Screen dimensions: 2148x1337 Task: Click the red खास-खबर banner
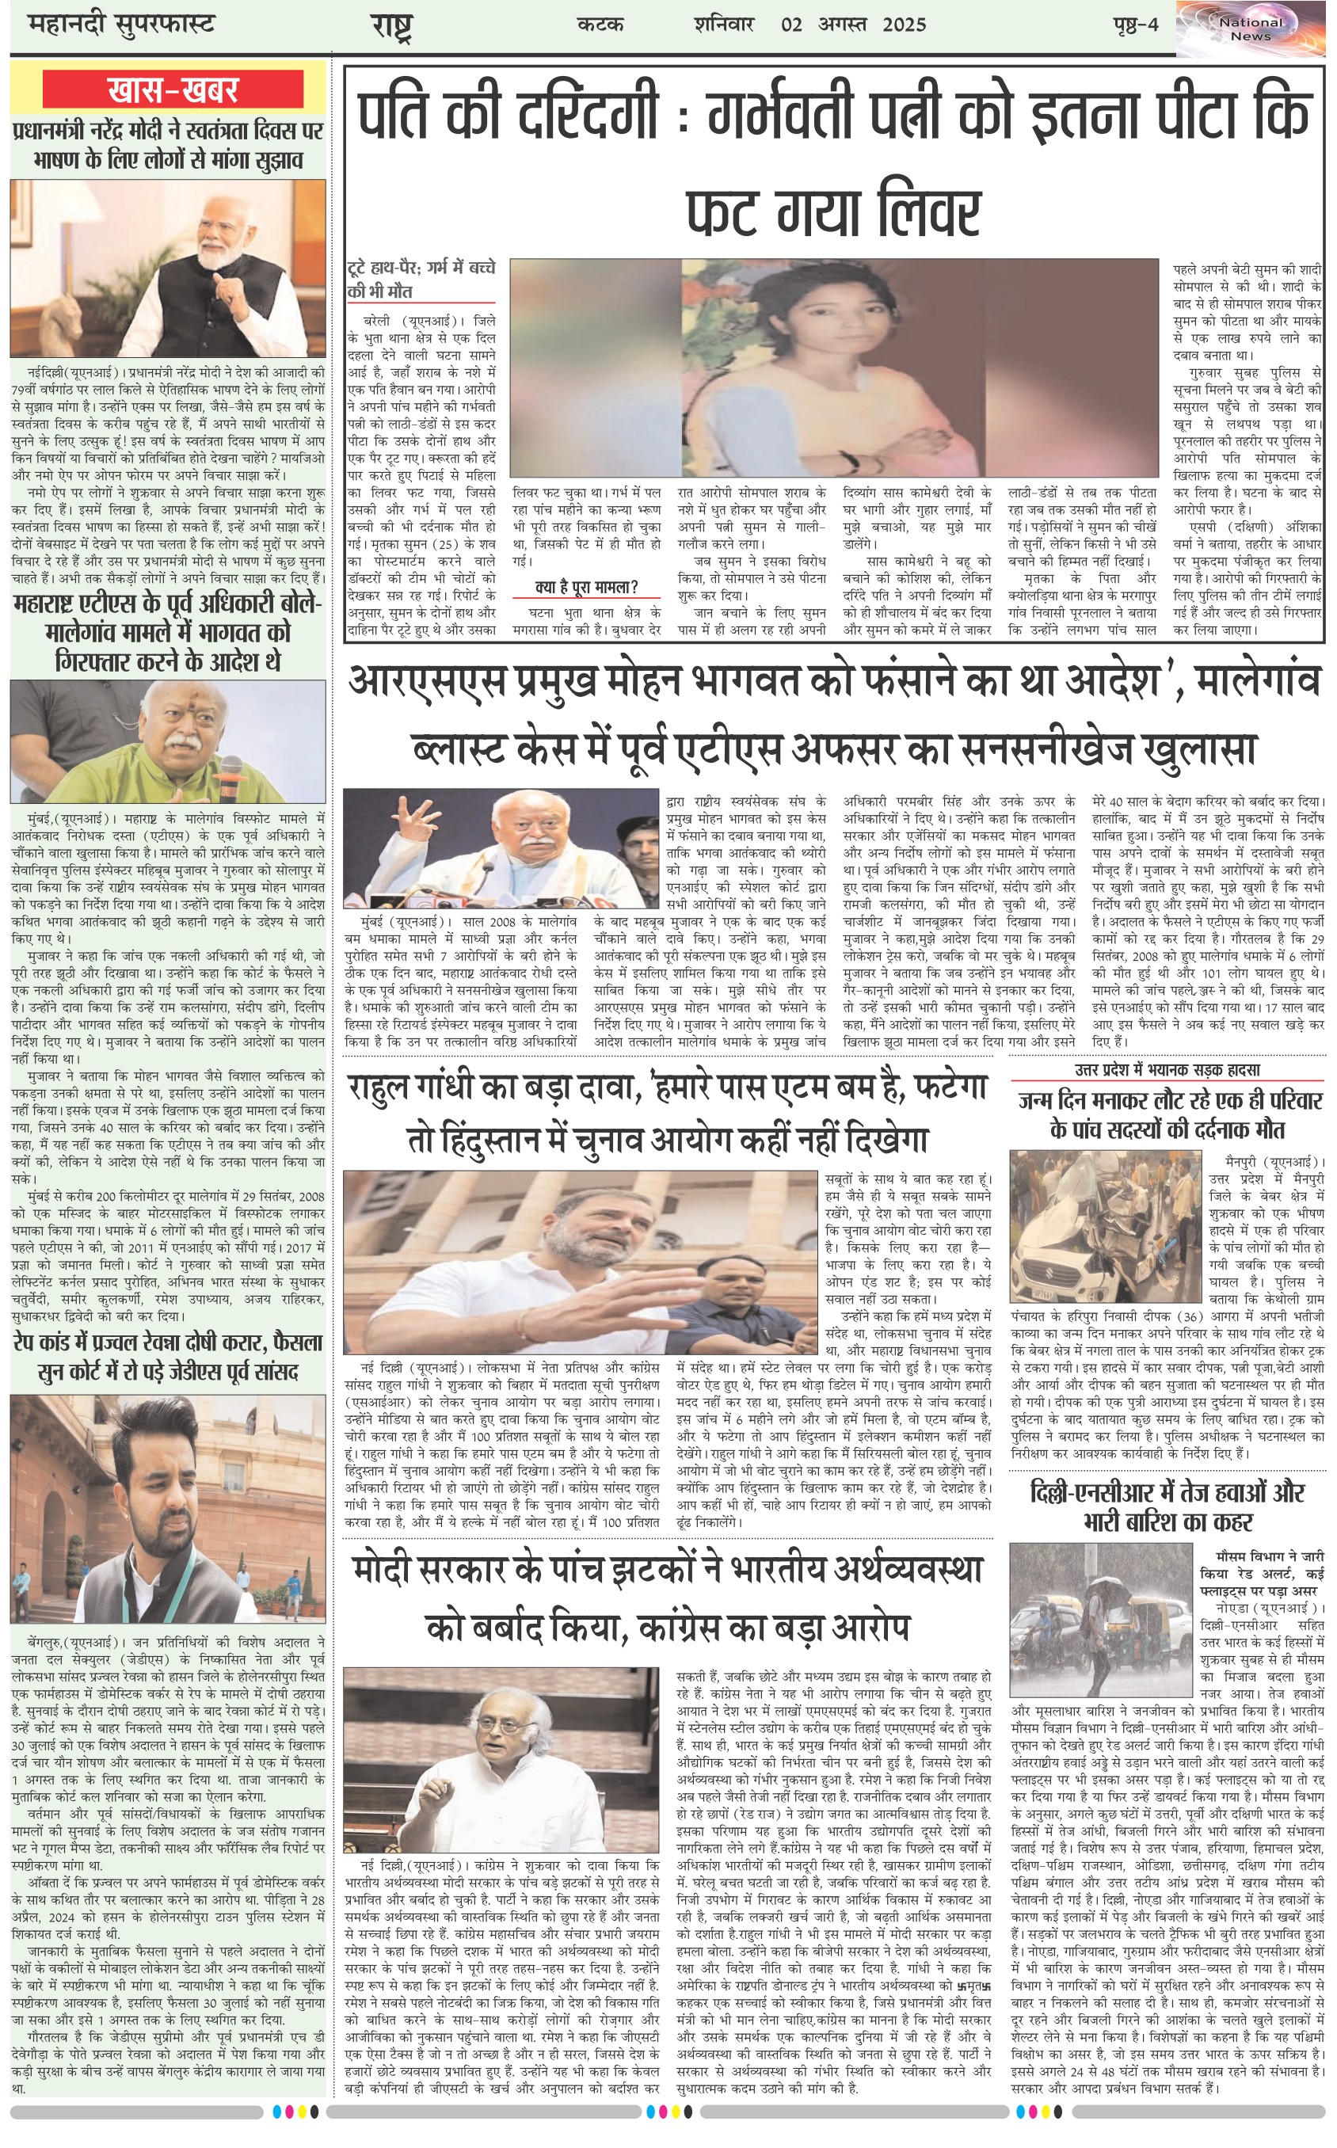click(x=173, y=89)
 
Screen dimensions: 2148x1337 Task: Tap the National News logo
click(x=1251, y=29)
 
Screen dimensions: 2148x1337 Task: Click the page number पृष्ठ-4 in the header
click(x=1135, y=25)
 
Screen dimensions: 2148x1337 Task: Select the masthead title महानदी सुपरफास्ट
click(x=121, y=25)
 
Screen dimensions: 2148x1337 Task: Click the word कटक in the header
click(x=600, y=25)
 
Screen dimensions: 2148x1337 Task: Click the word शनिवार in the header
click(x=723, y=25)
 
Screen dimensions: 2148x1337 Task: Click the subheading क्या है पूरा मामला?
click(x=586, y=586)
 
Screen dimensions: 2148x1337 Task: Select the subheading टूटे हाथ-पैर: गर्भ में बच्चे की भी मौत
click(x=421, y=280)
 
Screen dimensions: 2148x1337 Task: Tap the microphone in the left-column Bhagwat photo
click(x=230, y=769)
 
